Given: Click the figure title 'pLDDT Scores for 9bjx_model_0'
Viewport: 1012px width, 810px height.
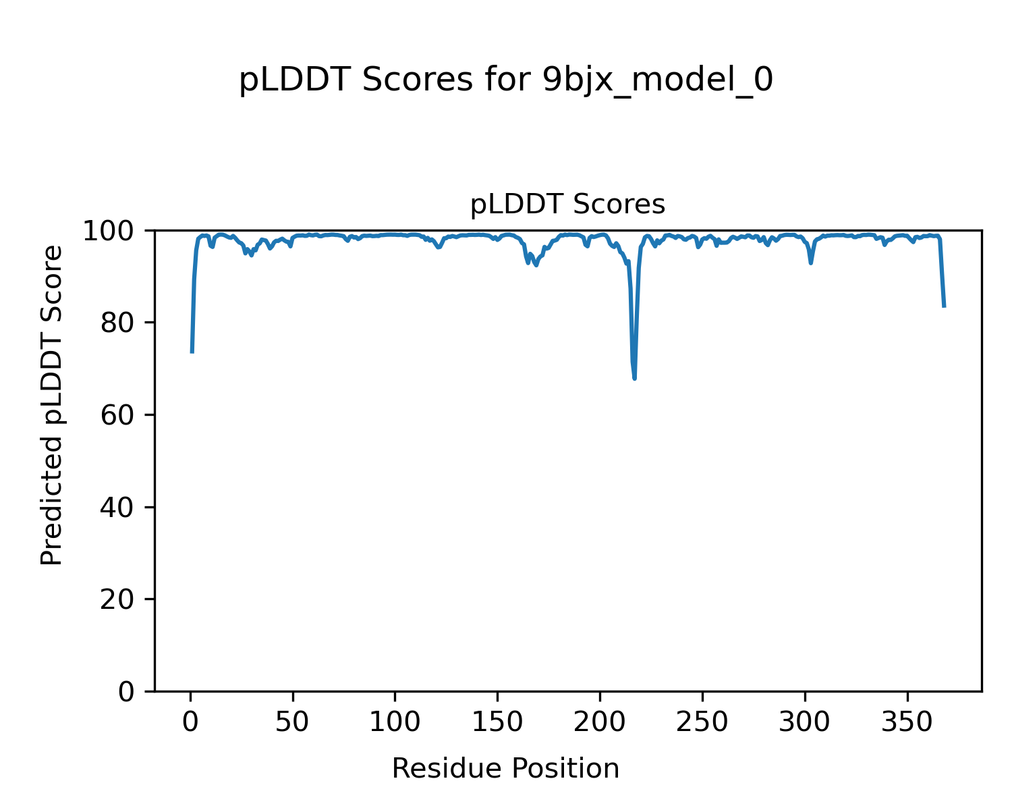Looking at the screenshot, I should pos(506,81).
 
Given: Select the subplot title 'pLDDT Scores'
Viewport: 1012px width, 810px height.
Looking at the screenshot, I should pos(567,205).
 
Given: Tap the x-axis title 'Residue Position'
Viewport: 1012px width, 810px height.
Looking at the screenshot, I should pos(505,769).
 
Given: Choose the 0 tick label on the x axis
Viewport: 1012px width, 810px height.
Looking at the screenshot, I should pos(191,722).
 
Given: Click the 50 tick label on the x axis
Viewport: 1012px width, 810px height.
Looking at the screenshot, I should pos(293,722).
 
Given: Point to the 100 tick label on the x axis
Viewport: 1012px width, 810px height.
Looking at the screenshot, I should pos(395,722).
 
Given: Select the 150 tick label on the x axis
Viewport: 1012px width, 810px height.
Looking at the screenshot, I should pos(497,722).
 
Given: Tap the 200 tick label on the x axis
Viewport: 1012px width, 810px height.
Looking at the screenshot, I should pos(600,722).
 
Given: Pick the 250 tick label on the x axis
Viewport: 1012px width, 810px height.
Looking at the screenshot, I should pos(702,722).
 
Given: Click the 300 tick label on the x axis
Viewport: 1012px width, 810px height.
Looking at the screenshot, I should pos(804,722).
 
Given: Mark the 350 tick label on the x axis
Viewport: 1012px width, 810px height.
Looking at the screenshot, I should pos(907,722).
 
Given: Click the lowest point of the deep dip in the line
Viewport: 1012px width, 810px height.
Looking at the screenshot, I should pos(635,379).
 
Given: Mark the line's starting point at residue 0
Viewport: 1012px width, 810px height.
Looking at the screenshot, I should pos(192,352).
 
